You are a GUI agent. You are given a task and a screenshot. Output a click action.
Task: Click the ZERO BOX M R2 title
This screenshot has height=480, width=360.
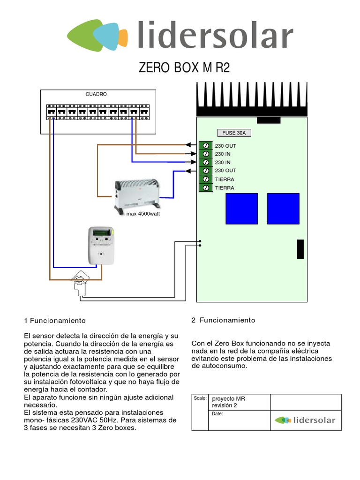184,68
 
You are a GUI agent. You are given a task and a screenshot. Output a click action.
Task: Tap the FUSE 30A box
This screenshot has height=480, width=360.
234,133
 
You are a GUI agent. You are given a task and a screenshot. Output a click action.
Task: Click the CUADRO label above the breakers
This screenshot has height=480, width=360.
96,94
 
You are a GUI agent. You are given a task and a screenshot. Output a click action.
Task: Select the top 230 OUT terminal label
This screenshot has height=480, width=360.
225,146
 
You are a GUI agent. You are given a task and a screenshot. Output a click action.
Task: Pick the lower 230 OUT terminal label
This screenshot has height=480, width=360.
225,171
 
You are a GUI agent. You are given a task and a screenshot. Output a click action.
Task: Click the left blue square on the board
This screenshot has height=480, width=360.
241,209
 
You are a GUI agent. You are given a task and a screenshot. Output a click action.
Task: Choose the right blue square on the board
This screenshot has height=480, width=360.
283,209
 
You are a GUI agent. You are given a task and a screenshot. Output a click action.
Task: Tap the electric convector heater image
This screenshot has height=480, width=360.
137,193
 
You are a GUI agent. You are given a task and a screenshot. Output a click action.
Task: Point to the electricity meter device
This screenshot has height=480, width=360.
102,245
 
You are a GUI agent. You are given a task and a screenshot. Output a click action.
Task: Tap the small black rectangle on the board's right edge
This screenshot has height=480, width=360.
300,248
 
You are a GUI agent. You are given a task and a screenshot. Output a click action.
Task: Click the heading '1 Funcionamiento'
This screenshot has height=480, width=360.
55,321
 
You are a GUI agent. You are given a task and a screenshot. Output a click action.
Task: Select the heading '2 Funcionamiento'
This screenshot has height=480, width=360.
223,320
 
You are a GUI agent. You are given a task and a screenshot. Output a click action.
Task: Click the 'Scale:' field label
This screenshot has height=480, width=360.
200,398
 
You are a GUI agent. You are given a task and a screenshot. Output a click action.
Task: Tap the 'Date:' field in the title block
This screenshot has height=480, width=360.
217,414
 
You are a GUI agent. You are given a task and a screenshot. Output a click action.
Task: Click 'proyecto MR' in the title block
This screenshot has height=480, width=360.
229,399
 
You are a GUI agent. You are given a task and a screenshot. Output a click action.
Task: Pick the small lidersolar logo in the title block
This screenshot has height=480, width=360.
305,420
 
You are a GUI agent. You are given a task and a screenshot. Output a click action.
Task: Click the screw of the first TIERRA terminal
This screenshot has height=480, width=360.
205,179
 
